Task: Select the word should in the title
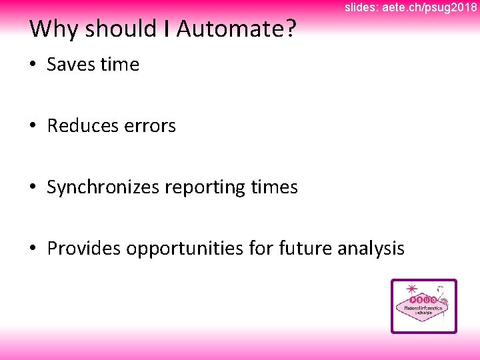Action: tap(121, 29)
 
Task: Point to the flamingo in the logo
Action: tap(445, 303)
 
